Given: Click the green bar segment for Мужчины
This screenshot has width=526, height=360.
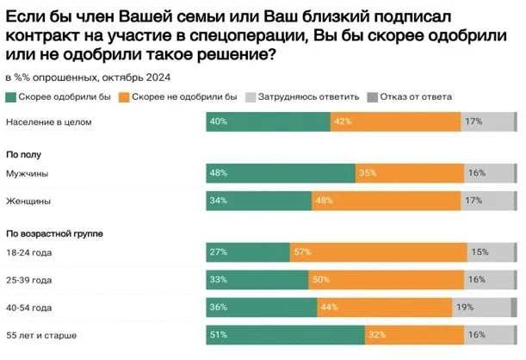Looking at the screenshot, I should (281, 173).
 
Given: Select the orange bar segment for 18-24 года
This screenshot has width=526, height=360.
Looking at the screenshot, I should (379, 252).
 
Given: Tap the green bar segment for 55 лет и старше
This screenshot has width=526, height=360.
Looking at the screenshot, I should (285, 333).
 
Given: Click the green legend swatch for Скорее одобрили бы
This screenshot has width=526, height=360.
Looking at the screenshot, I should (10, 97).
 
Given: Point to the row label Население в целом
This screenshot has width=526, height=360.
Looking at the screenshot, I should (48, 122).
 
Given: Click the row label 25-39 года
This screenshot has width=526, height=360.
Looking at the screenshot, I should (29, 280).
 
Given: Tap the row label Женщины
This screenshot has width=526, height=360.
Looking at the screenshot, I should (28, 201).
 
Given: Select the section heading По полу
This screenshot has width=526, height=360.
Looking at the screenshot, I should (24, 155).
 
